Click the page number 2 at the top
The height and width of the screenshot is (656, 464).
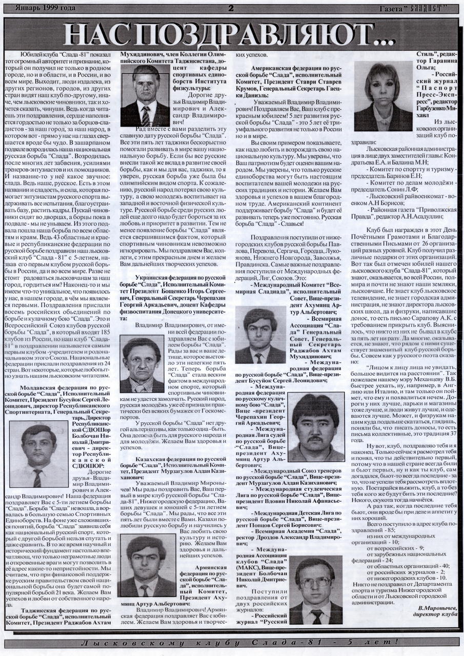pos(231,8)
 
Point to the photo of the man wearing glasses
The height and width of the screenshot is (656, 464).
pos(315,589)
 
